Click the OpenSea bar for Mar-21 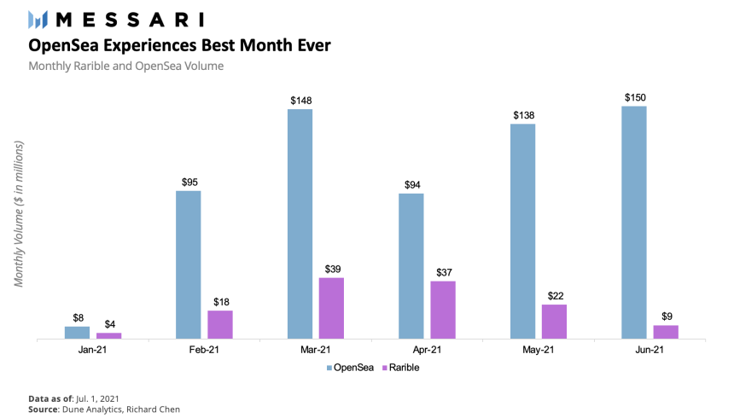coord(300,224)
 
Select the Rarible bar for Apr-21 coord(442,310)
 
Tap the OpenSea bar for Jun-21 coord(633,222)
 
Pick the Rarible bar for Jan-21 coord(109,335)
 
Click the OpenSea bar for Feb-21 coord(189,264)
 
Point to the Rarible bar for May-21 coord(554,322)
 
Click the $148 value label coord(300,101)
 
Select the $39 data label coord(333,269)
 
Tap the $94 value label coord(411,184)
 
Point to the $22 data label coord(555,296)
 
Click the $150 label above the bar coord(634,96)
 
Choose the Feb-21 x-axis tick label coord(204,350)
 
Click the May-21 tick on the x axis coord(538,350)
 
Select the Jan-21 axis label coord(93,350)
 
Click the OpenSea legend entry coord(350,368)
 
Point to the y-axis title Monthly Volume coord(19,212)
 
